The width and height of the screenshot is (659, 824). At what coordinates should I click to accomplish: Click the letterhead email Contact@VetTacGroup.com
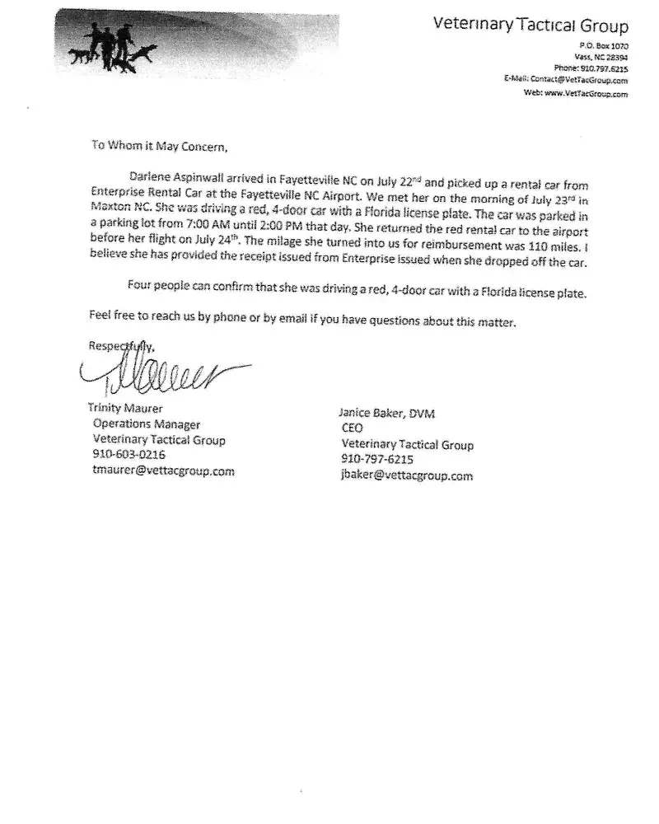click(567, 80)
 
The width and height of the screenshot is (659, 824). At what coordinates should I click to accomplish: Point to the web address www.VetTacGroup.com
click(576, 94)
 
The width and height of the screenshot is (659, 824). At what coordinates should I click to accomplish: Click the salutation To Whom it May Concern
click(156, 147)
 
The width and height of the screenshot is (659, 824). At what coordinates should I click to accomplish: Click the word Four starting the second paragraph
click(143, 286)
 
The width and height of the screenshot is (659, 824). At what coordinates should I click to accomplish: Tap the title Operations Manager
click(146, 424)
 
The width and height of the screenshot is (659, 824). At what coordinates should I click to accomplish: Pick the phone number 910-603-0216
click(129, 455)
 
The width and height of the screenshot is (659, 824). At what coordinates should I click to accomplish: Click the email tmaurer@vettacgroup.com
click(163, 471)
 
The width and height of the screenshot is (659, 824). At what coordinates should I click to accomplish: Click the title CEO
click(352, 428)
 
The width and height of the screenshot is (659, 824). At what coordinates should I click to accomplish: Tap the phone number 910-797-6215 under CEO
click(376, 460)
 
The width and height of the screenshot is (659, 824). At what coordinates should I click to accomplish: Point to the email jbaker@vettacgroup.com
click(406, 475)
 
